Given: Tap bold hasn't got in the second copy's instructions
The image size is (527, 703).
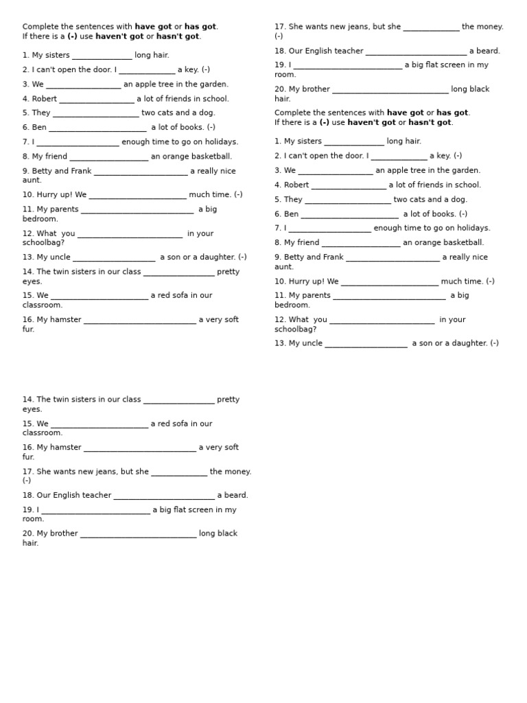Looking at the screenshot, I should click(x=430, y=122).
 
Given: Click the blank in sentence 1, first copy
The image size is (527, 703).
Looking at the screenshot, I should click(x=102, y=56).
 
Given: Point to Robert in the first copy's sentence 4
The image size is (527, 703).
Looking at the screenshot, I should click(x=44, y=99).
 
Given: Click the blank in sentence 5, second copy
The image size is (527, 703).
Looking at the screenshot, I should click(x=347, y=200).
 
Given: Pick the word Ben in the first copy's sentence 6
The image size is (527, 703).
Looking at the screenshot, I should click(x=39, y=128).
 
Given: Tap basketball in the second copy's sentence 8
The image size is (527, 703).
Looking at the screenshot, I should click(x=462, y=242).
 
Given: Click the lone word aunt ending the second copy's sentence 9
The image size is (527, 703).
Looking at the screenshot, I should click(x=283, y=267).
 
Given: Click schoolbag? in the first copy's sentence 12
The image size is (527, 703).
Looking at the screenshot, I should click(x=43, y=243).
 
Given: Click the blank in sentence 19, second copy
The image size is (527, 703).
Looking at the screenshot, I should click(x=95, y=510).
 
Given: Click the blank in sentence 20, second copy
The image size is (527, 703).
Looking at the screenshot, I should click(x=138, y=534).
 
